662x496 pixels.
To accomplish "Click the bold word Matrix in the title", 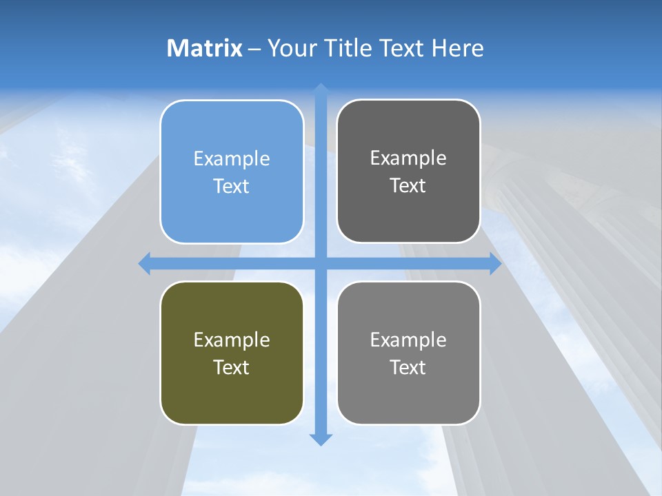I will (x=205, y=48).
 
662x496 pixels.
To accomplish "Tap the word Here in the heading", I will (x=457, y=48).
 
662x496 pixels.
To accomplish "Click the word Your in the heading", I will (x=292, y=48).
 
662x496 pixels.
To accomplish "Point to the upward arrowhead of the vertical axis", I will (x=321, y=89).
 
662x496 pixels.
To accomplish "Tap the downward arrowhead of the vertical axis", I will (x=321, y=440).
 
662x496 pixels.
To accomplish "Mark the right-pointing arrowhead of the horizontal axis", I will (x=495, y=263).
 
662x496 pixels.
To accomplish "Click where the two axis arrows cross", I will (x=321, y=263).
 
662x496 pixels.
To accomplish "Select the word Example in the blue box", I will (x=232, y=159).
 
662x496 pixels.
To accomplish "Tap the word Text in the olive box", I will (x=232, y=367).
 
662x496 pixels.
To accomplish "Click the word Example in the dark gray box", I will (x=408, y=158).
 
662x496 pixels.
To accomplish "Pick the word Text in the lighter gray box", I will (x=408, y=367).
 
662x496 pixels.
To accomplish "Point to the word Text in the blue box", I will (x=232, y=186).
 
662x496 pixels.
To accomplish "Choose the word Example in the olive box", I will (x=232, y=340).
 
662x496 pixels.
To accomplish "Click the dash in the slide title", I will (x=254, y=49).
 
